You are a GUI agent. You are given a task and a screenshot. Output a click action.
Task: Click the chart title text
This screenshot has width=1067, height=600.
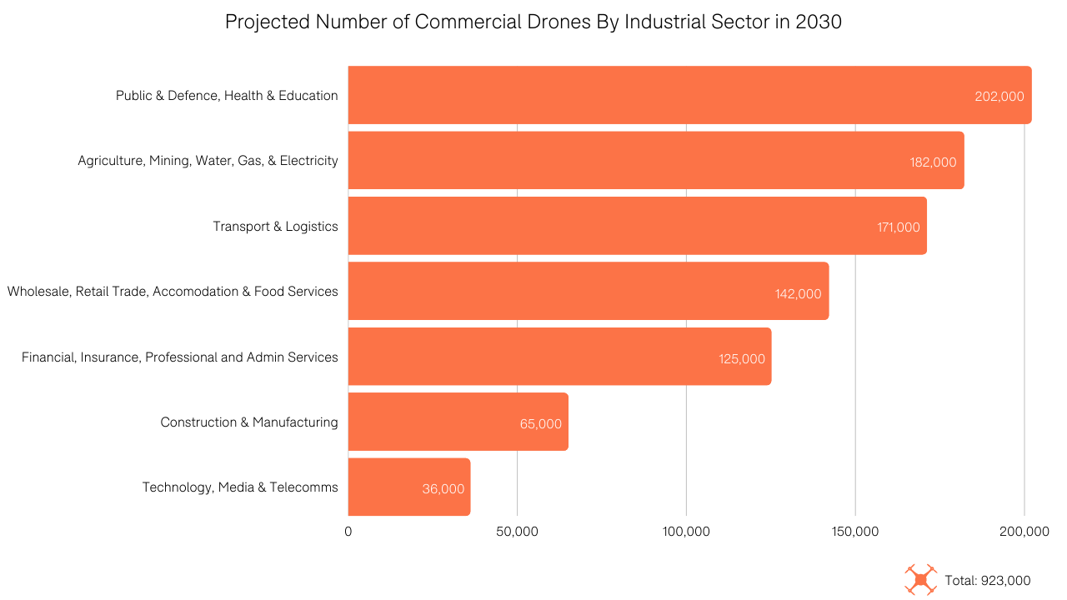(533, 22)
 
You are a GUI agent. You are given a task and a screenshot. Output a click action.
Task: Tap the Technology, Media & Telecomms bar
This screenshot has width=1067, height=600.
(408, 487)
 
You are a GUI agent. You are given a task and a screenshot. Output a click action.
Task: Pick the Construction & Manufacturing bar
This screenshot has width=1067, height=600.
(458, 422)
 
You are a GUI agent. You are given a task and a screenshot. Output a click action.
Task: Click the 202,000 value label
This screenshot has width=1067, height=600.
(999, 96)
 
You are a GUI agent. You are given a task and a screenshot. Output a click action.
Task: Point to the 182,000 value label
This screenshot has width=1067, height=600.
(933, 162)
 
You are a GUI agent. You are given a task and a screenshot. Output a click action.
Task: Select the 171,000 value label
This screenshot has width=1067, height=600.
(898, 227)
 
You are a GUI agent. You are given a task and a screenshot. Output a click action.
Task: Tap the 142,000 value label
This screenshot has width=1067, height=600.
(798, 293)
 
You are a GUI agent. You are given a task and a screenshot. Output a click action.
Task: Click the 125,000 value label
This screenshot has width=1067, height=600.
(741, 358)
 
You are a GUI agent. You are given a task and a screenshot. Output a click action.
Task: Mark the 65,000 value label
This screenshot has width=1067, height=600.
(540, 423)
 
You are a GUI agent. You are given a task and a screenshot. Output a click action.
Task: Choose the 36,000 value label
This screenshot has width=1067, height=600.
(443, 489)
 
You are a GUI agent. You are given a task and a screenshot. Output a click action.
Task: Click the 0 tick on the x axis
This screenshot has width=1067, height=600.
(348, 532)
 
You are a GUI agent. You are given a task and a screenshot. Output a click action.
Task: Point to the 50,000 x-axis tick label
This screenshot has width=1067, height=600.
(517, 532)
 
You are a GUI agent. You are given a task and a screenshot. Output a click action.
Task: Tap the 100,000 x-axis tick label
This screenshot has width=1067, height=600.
(686, 532)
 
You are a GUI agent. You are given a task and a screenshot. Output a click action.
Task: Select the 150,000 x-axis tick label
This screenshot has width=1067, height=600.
(855, 532)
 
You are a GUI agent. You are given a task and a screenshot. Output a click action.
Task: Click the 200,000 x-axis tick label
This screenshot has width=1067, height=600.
(1024, 532)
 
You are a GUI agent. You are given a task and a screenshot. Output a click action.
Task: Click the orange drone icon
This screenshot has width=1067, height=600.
(920, 580)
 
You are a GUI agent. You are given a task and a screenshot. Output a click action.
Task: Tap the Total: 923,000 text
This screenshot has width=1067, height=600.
(988, 581)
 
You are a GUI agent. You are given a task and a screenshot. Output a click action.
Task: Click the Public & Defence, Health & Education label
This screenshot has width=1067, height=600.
(227, 96)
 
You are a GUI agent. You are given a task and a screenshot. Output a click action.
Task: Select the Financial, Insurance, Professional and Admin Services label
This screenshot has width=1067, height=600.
(180, 357)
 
